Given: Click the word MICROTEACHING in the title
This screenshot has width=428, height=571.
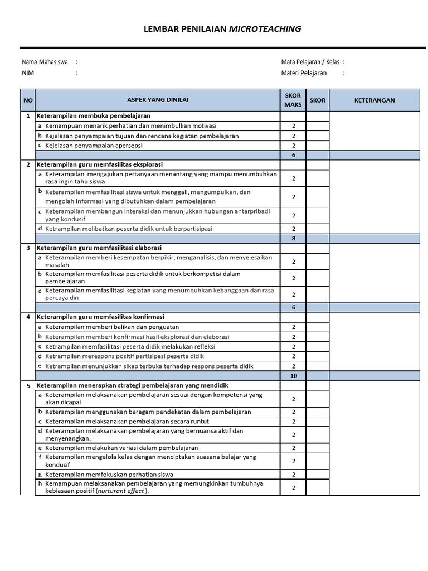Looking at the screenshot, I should pyautogui.click(x=265, y=29).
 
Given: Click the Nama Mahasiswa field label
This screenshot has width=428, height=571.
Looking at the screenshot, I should pyautogui.click(x=45, y=62).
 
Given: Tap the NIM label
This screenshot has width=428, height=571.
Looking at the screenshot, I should pyautogui.click(x=28, y=72).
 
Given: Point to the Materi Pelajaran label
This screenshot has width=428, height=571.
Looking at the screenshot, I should pyautogui.click(x=304, y=72).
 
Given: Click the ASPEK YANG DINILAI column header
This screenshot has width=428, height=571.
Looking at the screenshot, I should pyautogui.click(x=158, y=100).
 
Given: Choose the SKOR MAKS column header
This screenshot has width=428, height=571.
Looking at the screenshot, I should pyautogui.click(x=293, y=100).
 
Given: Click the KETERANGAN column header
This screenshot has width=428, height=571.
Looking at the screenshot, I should pyautogui.click(x=374, y=100).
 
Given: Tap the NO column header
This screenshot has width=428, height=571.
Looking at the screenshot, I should pyautogui.click(x=28, y=100).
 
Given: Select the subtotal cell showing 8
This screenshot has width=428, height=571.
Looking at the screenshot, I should pyautogui.click(x=293, y=238).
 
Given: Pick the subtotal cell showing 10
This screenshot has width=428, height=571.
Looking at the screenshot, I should pyautogui.click(x=293, y=376).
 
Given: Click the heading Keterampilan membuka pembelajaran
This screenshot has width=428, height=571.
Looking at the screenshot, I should pyautogui.click(x=93, y=116).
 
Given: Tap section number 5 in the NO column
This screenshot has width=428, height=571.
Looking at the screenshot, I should pyautogui.click(x=28, y=385).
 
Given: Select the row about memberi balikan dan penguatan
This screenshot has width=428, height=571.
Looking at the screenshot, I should pyautogui.click(x=112, y=327).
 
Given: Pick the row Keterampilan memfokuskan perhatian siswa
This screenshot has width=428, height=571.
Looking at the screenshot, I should pyautogui.click(x=109, y=475).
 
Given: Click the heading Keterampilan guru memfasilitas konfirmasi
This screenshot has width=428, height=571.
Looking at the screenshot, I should pyautogui.click(x=100, y=317).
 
